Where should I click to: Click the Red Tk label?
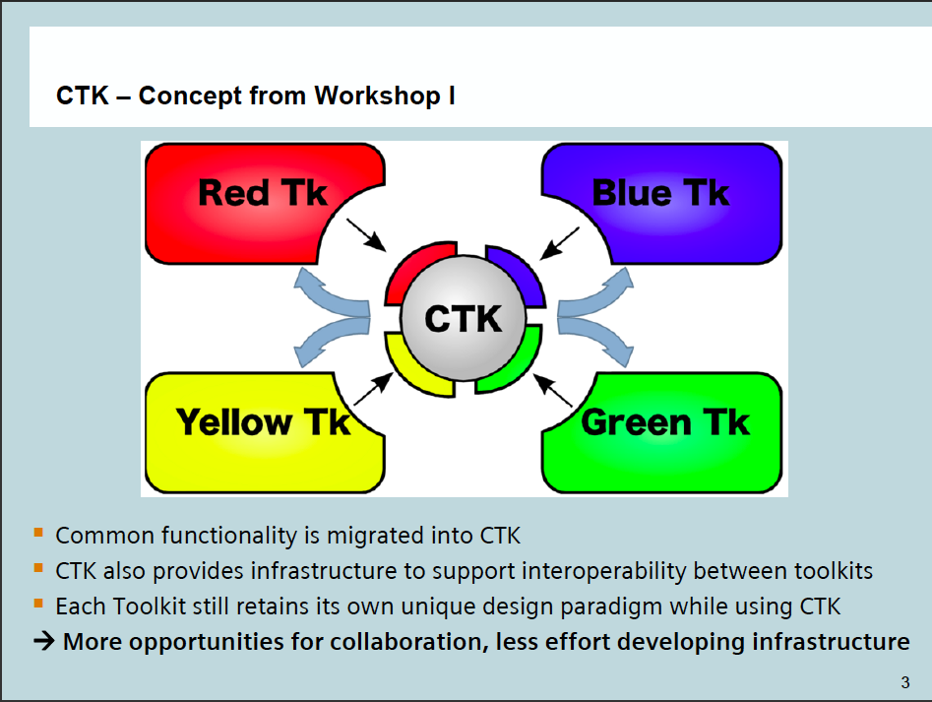click(x=262, y=193)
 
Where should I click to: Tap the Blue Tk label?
click(x=660, y=193)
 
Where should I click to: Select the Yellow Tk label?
click(x=263, y=422)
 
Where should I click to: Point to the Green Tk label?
click(x=664, y=422)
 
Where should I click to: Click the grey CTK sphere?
click(x=463, y=318)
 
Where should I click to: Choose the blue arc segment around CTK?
click(x=518, y=271)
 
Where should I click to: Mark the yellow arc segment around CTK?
click(x=412, y=368)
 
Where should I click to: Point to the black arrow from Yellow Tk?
click(x=371, y=390)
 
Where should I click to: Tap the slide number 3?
click(x=905, y=682)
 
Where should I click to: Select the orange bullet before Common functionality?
click(x=38, y=533)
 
